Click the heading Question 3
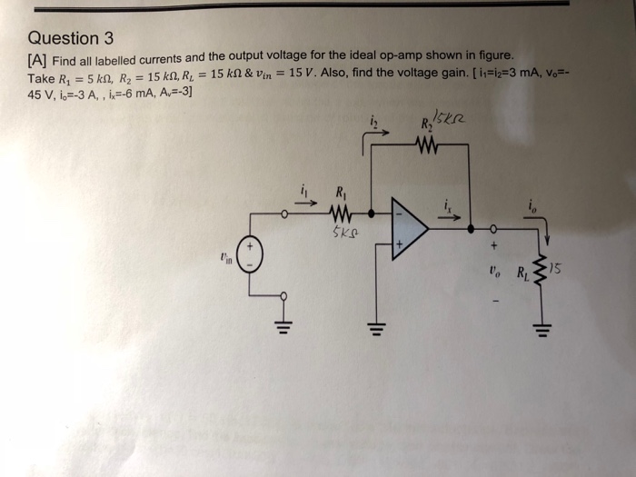pos(71,38)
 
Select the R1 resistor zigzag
pos(340,215)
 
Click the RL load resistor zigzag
pos(543,270)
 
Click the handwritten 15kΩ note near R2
pos(451,118)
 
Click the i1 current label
pos(305,192)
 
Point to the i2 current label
pos(373,119)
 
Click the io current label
pos(533,207)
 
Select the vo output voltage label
pos(493,270)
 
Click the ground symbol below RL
pos(542,325)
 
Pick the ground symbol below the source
pos(283,325)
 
